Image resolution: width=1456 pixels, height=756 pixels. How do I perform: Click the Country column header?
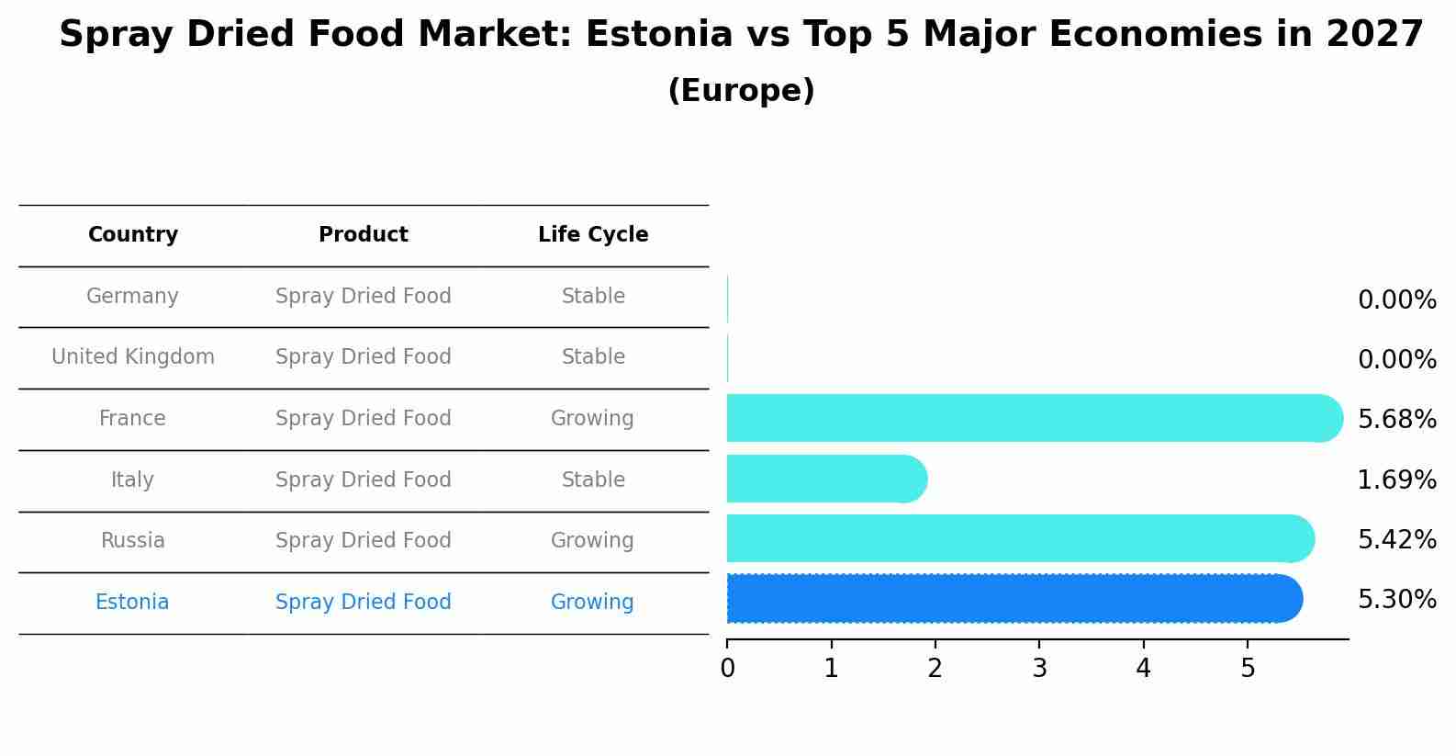pyautogui.click(x=133, y=235)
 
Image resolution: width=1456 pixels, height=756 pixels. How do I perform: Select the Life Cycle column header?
pyautogui.click(x=593, y=235)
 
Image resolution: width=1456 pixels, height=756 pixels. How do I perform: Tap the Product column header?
pyautogui.click(x=364, y=235)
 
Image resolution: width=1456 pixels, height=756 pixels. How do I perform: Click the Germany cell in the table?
pyautogui.click(x=132, y=297)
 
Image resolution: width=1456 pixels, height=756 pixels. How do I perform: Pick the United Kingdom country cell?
pyautogui.click(x=133, y=357)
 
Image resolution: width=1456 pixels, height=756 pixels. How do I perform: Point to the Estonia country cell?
pyautogui.click(x=132, y=603)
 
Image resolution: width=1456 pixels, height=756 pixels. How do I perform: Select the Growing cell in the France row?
pyautogui.click(x=592, y=419)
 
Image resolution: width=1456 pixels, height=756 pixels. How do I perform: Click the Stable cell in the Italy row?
pyautogui.click(x=593, y=480)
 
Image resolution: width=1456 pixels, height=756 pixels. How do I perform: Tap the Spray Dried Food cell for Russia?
pyautogui.click(x=364, y=541)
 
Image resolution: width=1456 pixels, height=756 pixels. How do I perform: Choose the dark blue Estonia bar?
pyautogui.click(x=1010, y=599)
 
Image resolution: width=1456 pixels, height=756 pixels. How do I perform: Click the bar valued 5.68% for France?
pyautogui.click(x=1028, y=419)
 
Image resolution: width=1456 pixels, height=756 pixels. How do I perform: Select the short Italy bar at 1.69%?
pyautogui.click(x=826, y=480)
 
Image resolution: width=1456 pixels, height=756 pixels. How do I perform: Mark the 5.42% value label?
pyautogui.click(x=1396, y=540)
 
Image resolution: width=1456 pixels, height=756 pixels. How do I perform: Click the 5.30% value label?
pyautogui.click(x=1396, y=601)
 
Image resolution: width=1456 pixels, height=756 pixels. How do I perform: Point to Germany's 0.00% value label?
pyautogui.click(x=1396, y=300)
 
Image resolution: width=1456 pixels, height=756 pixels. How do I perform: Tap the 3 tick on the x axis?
pyautogui.click(x=1039, y=669)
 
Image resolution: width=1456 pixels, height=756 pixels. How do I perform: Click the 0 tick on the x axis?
pyautogui.click(x=728, y=669)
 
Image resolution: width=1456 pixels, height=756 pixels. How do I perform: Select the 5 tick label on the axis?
pyautogui.click(x=1248, y=669)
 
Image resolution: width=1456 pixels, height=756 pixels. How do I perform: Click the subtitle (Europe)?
pyautogui.click(x=741, y=91)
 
